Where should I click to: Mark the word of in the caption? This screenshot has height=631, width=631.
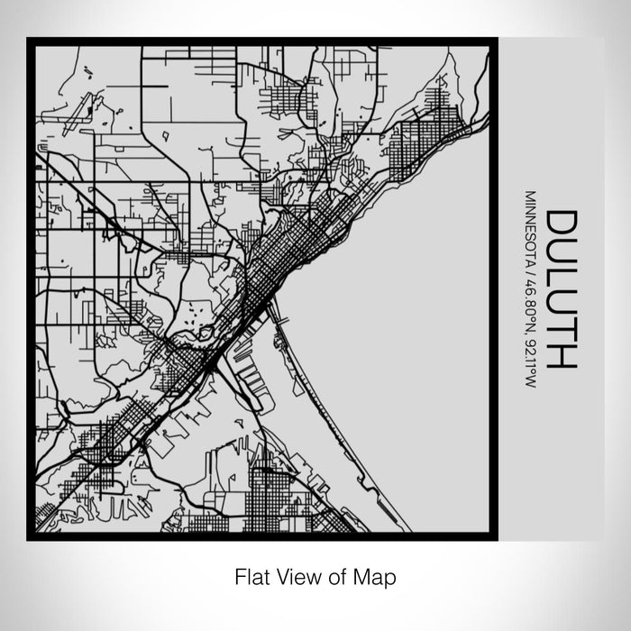[x=340, y=574]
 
